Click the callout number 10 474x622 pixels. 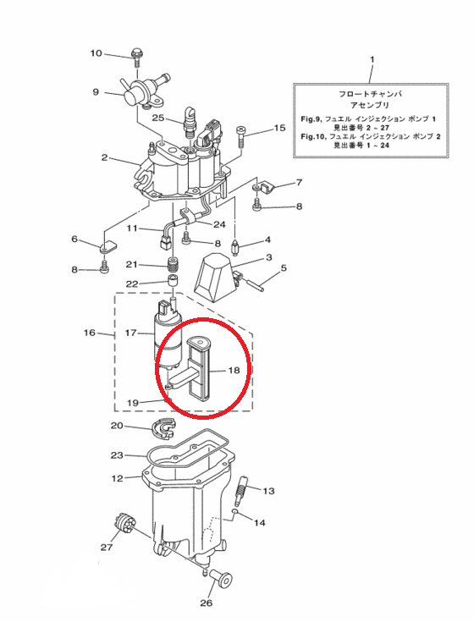click(x=96, y=53)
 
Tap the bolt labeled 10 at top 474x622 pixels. click(x=136, y=58)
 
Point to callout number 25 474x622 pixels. click(x=158, y=118)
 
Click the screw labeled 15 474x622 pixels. click(x=241, y=137)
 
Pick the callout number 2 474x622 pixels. click(x=104, y=157)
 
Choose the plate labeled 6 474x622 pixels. click(x=107, y=246)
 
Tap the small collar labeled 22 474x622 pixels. click(x=172, y=280)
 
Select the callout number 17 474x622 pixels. click(x=130, y=333)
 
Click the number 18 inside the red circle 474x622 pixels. click(x=234, y=370)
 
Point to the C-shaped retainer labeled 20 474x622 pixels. click(x=163, y=429)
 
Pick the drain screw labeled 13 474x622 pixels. click(x=240, y=489)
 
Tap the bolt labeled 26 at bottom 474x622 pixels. click(x=221, y=577)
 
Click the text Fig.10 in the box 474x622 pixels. click(x=312, y=136)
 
